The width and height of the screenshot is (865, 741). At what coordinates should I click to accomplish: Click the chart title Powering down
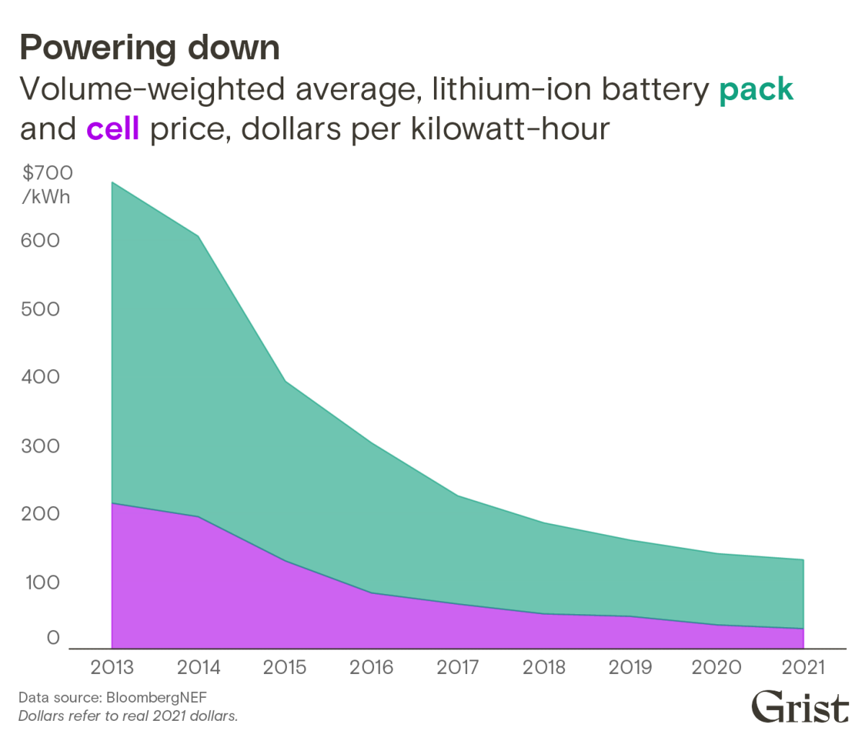149,48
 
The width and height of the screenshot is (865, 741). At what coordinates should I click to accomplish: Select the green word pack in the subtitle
756,90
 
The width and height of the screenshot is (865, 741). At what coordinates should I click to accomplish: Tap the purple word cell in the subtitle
112,130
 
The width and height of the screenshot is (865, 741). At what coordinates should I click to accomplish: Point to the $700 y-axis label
47,173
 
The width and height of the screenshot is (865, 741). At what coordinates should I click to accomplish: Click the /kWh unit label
46,196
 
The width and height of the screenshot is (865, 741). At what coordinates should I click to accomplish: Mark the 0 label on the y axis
53,638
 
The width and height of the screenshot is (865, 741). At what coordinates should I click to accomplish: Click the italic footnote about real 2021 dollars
128,717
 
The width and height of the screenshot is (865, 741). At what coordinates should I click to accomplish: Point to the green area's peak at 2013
112,182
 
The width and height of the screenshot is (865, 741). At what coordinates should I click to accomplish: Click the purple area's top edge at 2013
112,505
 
